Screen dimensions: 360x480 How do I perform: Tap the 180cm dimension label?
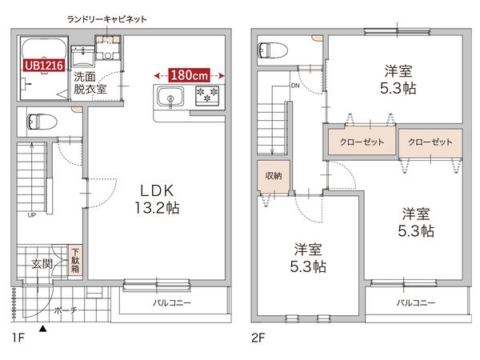point(190,74)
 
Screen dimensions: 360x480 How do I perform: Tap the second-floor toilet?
point(270,49)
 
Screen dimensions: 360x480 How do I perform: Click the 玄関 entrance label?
point(42,263)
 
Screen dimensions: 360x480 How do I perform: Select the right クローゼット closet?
point(430,142)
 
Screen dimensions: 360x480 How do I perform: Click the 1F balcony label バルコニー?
point(170,303)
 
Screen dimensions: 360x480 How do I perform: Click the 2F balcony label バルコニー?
point(415,303)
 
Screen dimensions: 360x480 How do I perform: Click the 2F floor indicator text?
point(258,338)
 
